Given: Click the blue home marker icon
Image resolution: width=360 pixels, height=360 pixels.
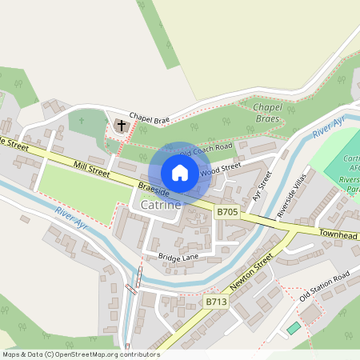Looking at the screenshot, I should click(x=180, y=173).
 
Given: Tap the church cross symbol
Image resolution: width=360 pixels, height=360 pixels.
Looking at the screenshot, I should click(x=122, y=126).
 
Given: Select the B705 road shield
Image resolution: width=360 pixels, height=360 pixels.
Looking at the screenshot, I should click(x=227, y=212).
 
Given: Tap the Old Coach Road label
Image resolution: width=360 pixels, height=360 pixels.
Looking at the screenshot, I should click(x=206, y=150).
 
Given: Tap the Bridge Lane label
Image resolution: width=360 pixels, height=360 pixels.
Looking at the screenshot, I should click(x=178, y=257).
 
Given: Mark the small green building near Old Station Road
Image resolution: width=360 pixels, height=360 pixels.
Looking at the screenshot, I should click(x=294, y=328).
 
